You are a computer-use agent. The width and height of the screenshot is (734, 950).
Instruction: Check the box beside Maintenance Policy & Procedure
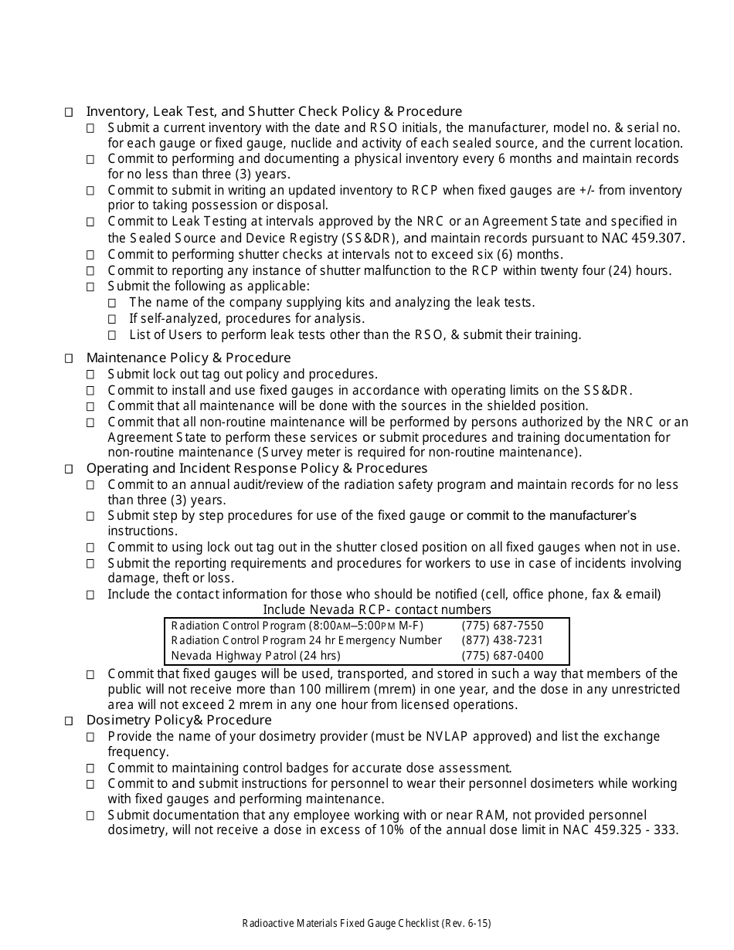tap(69, 358)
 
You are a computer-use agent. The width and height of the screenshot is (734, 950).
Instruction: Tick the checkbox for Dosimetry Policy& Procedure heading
tap(69, 721)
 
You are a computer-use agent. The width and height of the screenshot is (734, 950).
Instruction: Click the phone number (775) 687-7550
tap(502, 626)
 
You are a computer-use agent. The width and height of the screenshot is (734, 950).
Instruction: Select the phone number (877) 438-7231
tap(502, 640)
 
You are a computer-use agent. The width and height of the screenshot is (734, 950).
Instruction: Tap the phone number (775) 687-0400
tap(502, 656)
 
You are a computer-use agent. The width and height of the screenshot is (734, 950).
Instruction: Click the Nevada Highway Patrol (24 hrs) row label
tap(255, 656)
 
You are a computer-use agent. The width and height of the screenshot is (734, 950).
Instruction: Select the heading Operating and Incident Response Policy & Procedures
tap(257, 468)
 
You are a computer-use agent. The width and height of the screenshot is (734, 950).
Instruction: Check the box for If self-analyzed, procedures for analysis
tap(112, 319)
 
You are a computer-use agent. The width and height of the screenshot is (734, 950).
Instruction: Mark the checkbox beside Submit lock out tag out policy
tap(90, 375)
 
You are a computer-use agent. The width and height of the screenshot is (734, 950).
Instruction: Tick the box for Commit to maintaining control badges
tap(90, 768)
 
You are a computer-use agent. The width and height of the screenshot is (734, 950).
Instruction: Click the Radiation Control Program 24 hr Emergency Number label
tap(306, 640)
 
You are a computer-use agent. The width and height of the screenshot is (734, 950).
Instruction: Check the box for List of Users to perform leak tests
tap(112, 335)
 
